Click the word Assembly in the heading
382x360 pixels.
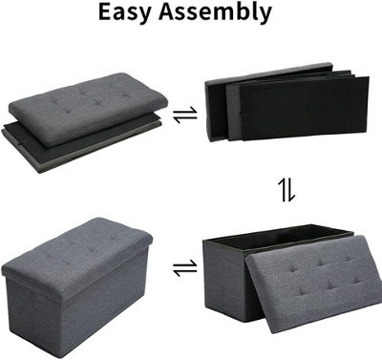[215, 13]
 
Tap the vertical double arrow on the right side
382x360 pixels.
[286, 190]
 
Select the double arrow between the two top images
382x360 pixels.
[185, 115]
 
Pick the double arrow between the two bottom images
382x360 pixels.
[185, 268]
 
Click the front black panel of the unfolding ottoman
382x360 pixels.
[304, 108]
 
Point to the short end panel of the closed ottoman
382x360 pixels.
[32, 315]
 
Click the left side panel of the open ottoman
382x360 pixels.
[224, 280]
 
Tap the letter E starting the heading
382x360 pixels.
[106, 12]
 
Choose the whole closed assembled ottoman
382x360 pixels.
[77, 287]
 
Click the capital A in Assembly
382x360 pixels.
[167, 12]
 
